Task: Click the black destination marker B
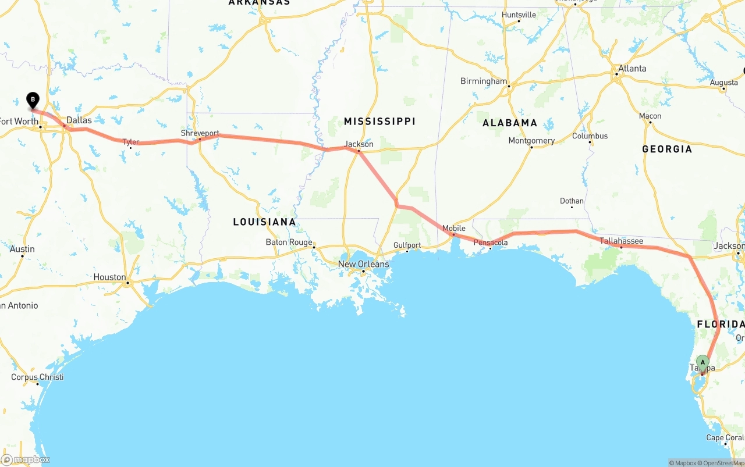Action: pyautogui.click(x=33, y=100)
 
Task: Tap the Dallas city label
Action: pyautogui.click(x=79, y=120)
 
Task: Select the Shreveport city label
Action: pyautogui.click(x=200, y=133)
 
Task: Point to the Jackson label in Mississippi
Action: pyautogui.click(x=359, y=144)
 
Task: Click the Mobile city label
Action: pyautogui.click(x=454, y=228)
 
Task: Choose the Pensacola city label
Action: pyautogui.click(x=490, y=243)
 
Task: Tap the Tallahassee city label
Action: pyautogui.click(x=621, y=241)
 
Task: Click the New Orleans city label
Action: pyautogui.click(x=364, y=264)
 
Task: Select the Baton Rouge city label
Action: pyautogui.click(x=289, y=242)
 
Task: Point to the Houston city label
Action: pyautogui.click(x=109, y=277)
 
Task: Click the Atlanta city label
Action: pyautogui.click(x=632, y=69)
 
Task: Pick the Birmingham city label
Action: pyautogui.click(x=484, y=81)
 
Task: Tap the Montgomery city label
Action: pyautogui.click(x=531, y=141)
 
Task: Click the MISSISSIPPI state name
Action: pyautogui.click(x=379, y=121)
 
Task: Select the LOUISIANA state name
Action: pyautogui.click(x=264, y=222)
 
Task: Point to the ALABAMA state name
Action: pyautogui.click(x=510, y=123)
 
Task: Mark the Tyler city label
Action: pyautogui.click(x=130, y=142)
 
